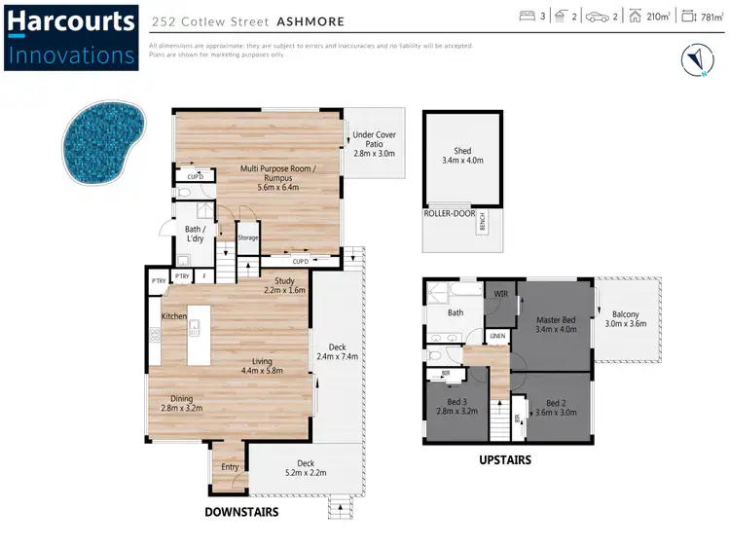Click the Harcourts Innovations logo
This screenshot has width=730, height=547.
[x=70, y=37]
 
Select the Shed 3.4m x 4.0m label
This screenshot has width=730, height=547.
[x=462, y=155]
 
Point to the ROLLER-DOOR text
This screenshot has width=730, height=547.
[x=448, y=212]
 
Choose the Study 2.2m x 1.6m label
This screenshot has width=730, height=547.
[x=284, y=285]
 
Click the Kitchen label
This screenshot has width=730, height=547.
[x=174, y=316]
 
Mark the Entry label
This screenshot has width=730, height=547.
[x=230, y=467]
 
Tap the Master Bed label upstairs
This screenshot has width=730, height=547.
[x=556, y=324]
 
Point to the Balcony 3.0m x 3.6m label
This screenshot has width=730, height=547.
[x=626, y=318]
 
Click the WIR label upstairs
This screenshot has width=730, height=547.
[x=501, y=293]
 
